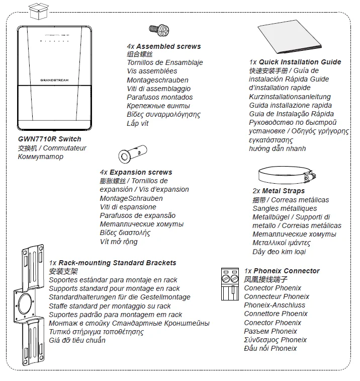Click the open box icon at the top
(39, 11)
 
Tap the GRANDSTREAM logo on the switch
(54, 80)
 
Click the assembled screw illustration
(159, 30)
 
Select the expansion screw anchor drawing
(133, 154)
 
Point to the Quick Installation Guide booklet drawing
(290, 36)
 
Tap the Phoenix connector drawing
(230, 284)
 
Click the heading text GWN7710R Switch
(49, 139)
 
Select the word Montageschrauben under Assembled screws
(157, 80)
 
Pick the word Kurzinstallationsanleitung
(290, 97)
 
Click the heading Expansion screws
(141, 172)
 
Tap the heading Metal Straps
(283, 191)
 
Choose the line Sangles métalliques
(285, 208)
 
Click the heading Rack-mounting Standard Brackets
(117, 263)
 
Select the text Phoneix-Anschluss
(275, 305)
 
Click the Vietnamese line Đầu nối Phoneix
(271, 348)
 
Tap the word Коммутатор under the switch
(41, 157)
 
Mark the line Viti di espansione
(128, 207)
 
